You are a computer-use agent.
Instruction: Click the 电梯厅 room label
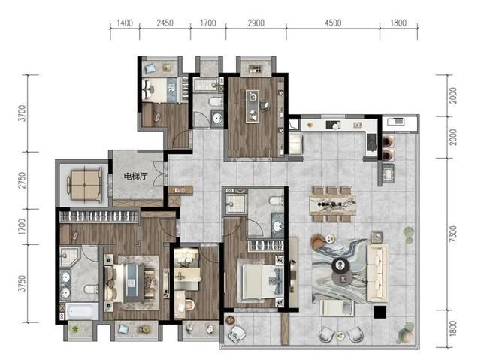(x=135, y=177)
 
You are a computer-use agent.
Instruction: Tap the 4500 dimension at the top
(x=333, y=23)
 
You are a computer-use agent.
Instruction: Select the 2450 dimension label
(x=165, y=23)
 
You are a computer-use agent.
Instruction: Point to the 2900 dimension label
(x=256, y=23)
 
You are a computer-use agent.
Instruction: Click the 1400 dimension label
(x=125, y=23)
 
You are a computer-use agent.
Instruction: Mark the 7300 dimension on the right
(x=452, y=234)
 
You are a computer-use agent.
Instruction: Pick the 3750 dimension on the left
(x=22, y=283)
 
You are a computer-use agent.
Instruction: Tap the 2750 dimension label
(x=22, y=180)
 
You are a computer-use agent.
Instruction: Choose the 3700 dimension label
(x=22, y=113)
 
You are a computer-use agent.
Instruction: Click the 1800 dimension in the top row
(x=398, y=23)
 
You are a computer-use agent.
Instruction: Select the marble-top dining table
(x=332, y=204)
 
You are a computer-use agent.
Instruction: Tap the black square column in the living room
(x=380, y=312)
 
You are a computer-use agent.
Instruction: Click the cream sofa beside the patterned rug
(x=377, y=272)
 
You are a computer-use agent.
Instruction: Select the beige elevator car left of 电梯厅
(x=84, y=185)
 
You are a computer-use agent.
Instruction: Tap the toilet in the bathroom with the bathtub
(x=91, y=289)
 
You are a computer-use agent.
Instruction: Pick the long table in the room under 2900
(x=253, y=106)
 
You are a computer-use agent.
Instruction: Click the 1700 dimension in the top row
(x=208, y=23)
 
